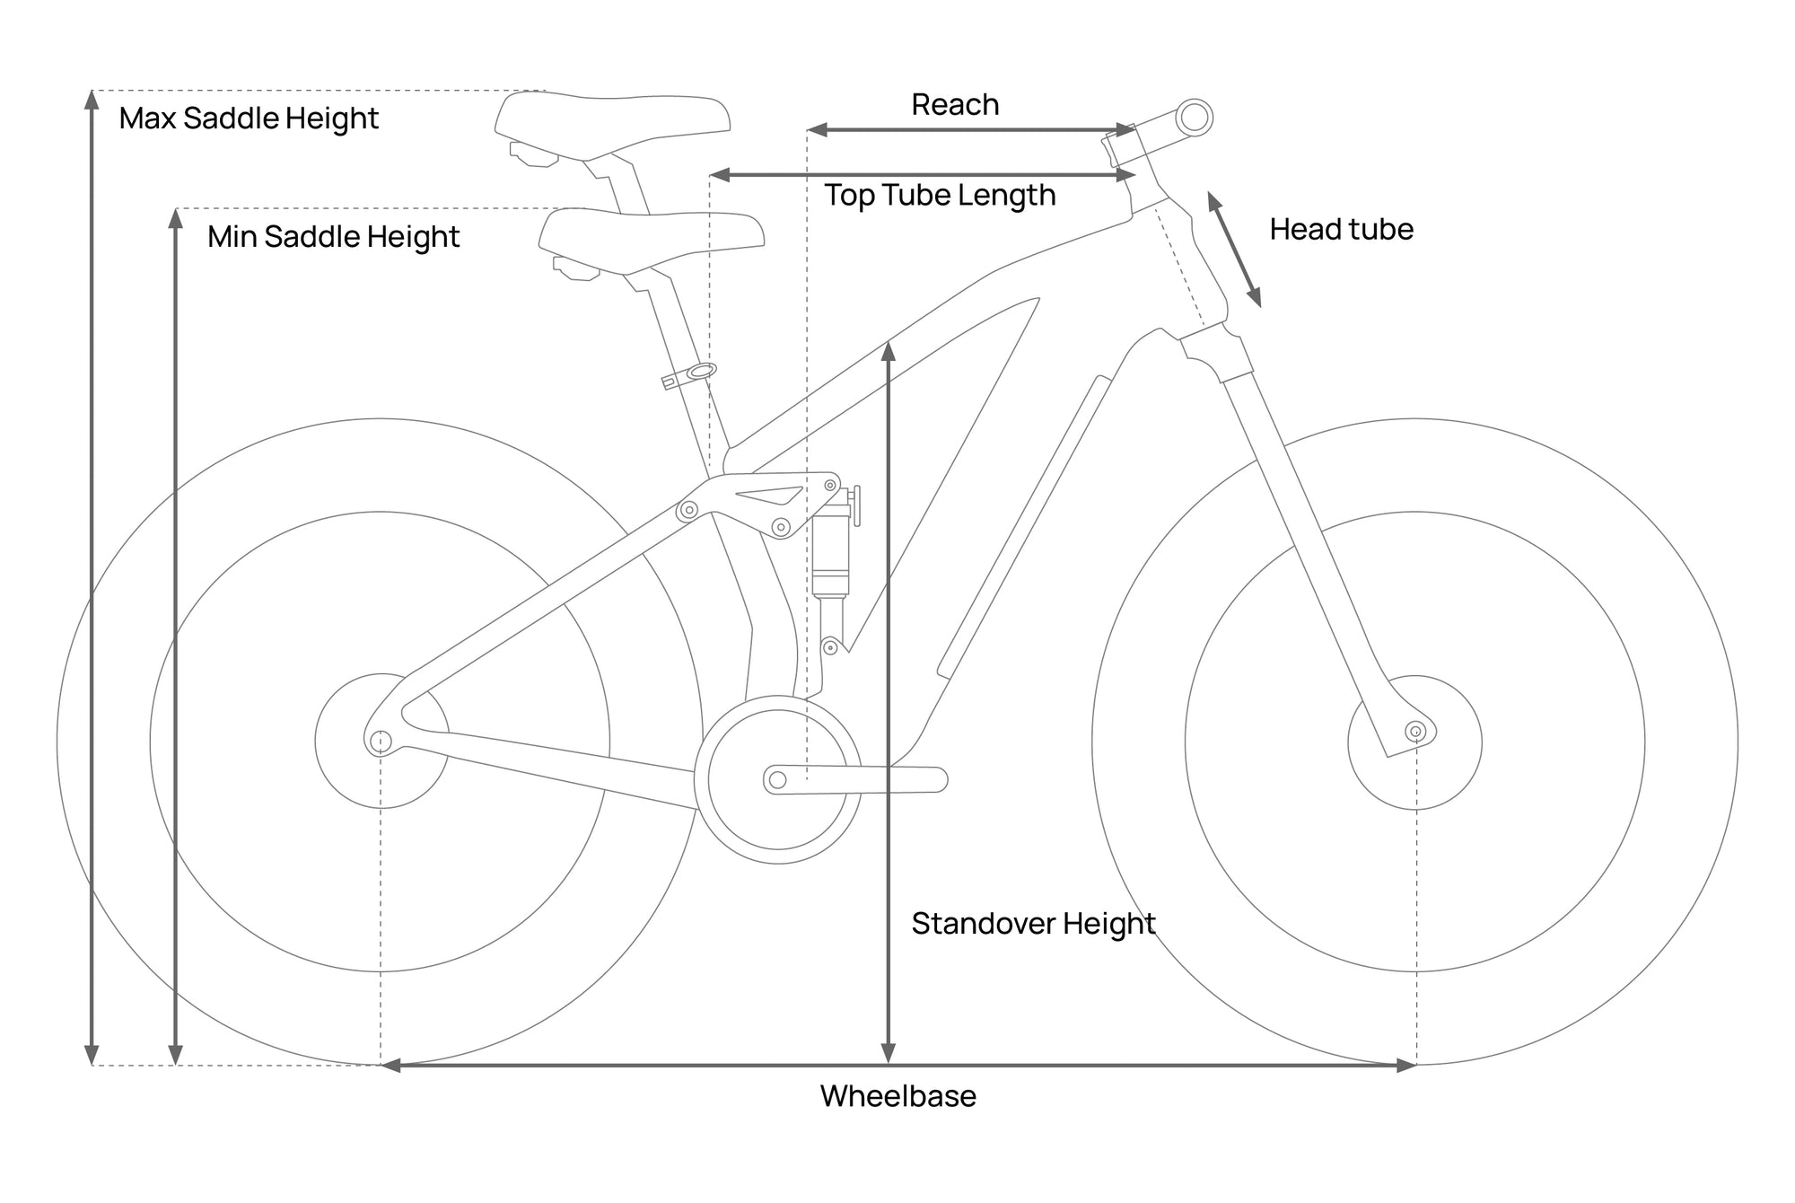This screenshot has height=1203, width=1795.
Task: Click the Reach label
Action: pyautogui.click(x=955, y=105)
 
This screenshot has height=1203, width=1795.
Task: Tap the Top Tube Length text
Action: pyautogui.click(x=940, y=196)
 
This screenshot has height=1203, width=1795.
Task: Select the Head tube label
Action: pyautogui.click(x=1341, y=230)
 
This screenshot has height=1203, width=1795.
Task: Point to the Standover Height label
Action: pyautogui.click(x=1033, y=924)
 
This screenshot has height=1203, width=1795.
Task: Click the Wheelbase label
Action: pyautogui.click(x=898, y=1096)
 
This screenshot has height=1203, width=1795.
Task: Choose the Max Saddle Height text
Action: pyautogui.click(x=249, y=119)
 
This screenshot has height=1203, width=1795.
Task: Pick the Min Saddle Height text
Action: pyautogui.click(x=333, y=237)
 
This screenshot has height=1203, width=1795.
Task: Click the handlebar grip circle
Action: pyautogui.click(x=1195, y=118)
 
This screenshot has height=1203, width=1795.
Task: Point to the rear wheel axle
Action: pyautogui.click(x=381, y=742)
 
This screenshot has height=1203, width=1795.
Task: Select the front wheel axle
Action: pyautogui.click(x=1416, y=732)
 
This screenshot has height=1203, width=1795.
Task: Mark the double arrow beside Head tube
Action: pyautogui.click(x=1234, y=250)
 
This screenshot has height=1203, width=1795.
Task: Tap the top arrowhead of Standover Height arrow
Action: pyautogui.click(x=889, y=350)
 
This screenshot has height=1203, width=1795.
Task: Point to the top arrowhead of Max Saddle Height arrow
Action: pyautogui.click(x=92, y=99)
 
